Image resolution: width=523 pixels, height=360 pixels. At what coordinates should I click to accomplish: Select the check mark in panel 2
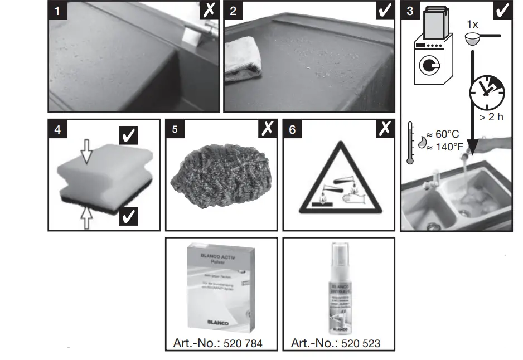384,10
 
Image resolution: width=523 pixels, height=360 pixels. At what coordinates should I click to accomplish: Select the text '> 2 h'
491,118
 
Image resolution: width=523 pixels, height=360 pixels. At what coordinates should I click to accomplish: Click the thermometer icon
410,143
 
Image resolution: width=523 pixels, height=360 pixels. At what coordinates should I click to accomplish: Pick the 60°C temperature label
443,134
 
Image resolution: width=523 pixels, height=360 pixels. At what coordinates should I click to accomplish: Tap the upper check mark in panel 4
129,135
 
